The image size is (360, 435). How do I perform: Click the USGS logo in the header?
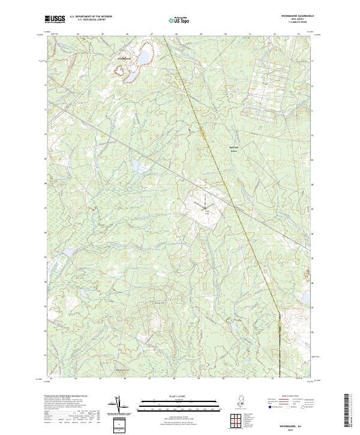click(55, 19)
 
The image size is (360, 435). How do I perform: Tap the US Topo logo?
click(180, 19)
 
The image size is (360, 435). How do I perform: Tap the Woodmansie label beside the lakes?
click(123, 58)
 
